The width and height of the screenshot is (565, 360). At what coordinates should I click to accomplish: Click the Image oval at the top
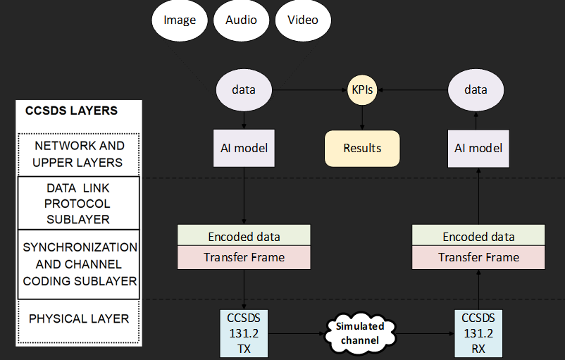(x=180, y=20)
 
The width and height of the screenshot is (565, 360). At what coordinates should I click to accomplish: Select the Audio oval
(x=242, y=20)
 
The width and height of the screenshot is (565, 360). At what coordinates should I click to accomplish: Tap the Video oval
(x=303, y=20)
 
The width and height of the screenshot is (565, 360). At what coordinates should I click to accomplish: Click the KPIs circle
(x=362, y=90)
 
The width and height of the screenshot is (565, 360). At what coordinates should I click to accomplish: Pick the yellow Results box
(x=362, y=148)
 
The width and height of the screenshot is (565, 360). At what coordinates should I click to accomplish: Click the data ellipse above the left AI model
(x=244, y=90)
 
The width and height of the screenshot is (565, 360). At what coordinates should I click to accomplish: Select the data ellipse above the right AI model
(x=476, y=90)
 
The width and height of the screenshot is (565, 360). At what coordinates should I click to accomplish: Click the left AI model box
(x=244, y=148)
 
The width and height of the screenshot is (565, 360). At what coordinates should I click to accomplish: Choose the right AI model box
(x=478, y=148)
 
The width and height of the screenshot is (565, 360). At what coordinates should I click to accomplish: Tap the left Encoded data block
(x=244, y=236)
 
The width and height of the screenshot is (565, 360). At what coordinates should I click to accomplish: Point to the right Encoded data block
(x=478, y=236)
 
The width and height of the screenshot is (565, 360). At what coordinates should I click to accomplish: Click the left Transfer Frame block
(x=244, y=257)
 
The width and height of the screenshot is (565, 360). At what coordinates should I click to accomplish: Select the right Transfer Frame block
(x=478, y=257)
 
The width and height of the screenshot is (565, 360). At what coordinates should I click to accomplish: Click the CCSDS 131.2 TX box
(x=244, y=333)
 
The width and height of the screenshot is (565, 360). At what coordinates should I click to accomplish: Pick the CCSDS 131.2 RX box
(x=478, y=333)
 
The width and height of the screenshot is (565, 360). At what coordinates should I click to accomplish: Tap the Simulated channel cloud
(x=359, y=333)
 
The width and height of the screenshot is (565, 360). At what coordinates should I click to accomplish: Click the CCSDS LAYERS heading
(x=72, y=111)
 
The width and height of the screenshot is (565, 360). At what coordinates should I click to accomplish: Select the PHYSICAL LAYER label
(x=79, y=318)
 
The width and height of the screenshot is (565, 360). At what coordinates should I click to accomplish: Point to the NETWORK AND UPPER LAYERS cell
(x=79, y=154)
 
